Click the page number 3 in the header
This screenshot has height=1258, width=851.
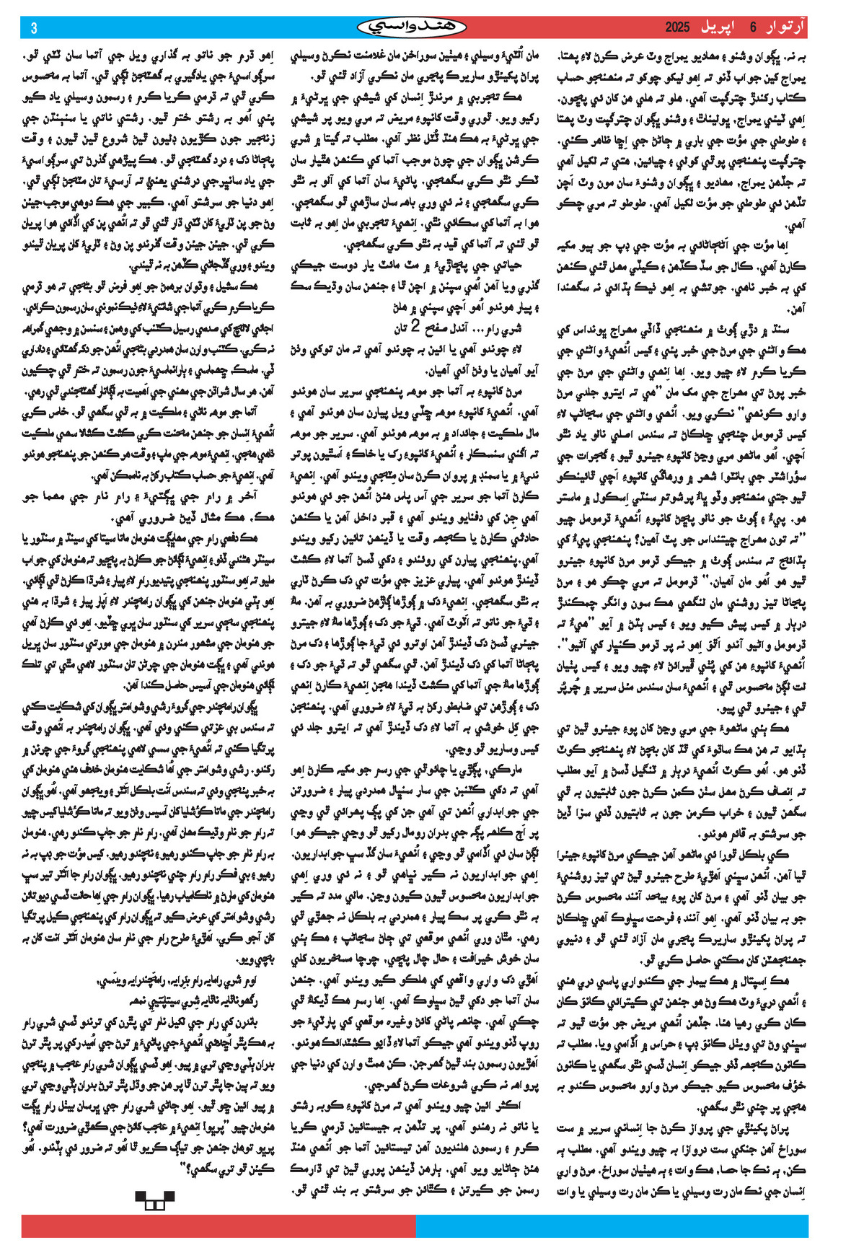click(34, 28)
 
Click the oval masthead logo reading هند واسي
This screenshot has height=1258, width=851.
click(412, 27)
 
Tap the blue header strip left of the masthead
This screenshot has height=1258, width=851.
click(195, 27)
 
